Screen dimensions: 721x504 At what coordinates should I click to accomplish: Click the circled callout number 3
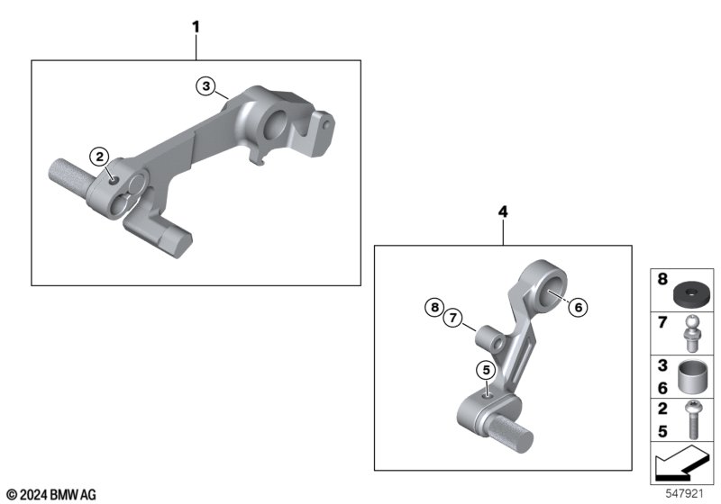(206, 85)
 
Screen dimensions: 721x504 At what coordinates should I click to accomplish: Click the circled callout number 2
(100, 157)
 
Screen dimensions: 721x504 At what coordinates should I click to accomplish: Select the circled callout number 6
(579, 307)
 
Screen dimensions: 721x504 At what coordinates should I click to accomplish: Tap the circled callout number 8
(435, 307)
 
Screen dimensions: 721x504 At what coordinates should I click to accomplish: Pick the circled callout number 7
(453, 318)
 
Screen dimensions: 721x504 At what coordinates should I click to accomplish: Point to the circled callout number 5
(487, 370)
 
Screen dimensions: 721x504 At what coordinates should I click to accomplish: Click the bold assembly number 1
(196, 27)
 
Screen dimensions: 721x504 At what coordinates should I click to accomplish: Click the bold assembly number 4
(503, 211)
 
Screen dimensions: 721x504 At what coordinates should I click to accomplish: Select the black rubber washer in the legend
(687, 295)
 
